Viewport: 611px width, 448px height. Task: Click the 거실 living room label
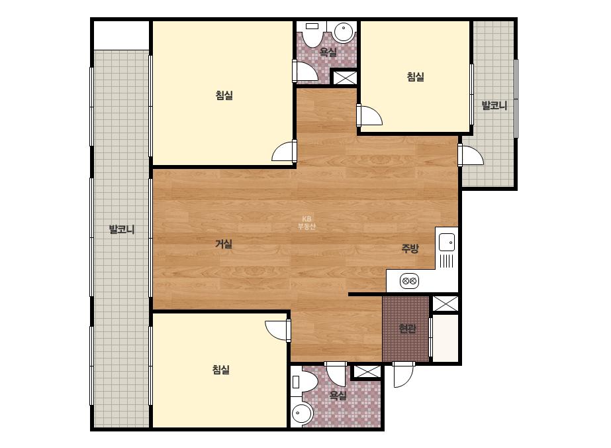click(x=224, y=244)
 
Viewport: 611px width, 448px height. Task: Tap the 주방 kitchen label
click(x=410, y=249)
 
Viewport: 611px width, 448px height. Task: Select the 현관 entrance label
click(x=407, y=329)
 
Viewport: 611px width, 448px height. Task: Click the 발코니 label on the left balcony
click(x=122, y=229)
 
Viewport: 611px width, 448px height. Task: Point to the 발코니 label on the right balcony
click(x=494, y=105)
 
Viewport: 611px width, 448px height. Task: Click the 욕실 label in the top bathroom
click(x=328, y=52)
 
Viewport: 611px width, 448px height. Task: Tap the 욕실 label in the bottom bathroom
click(x=338, y=396)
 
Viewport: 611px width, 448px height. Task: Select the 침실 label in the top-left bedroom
click(x=224, y=95)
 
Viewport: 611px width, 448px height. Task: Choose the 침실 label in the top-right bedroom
click(x=415, y=76)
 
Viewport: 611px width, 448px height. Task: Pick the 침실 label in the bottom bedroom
click(x=221, y=369)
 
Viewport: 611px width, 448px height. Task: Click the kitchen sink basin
click(x=447, y=242)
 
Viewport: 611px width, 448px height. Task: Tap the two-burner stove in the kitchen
click(x=409, y=281)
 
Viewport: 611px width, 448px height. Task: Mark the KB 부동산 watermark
click(x=306, y=223)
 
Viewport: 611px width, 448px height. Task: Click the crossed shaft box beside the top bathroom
click(x=344, y=78)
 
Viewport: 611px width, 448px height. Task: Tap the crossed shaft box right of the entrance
click(x=446, y=304)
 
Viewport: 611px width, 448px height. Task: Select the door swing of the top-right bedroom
click(x=370, y=115)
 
